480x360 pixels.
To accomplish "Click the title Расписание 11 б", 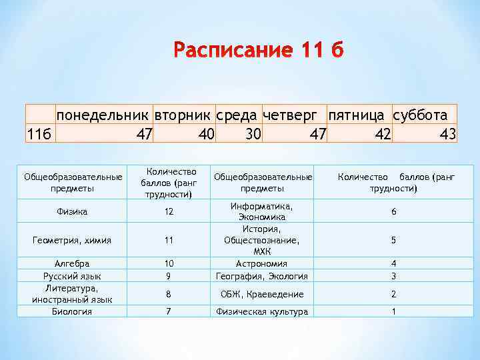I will (x=257, y=51).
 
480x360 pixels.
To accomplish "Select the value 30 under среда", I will (x=253, y=134).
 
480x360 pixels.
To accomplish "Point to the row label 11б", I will (x=39, y=134).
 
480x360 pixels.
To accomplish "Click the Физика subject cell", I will (x=73, y=212).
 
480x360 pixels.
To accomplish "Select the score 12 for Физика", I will (x=169, y=212).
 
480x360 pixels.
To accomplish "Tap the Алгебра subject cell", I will (x=73, y=263).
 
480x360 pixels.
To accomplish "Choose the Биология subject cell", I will (x=73, y=311).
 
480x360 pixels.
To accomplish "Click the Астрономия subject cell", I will (x=262, y=263).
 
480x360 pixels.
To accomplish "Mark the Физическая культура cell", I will (x=262, y=311).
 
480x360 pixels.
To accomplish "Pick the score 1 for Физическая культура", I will (x=393, y=311).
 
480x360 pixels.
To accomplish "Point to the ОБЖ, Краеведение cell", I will (x=262, y=294).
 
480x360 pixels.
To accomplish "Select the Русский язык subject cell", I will (x=73, y=275).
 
